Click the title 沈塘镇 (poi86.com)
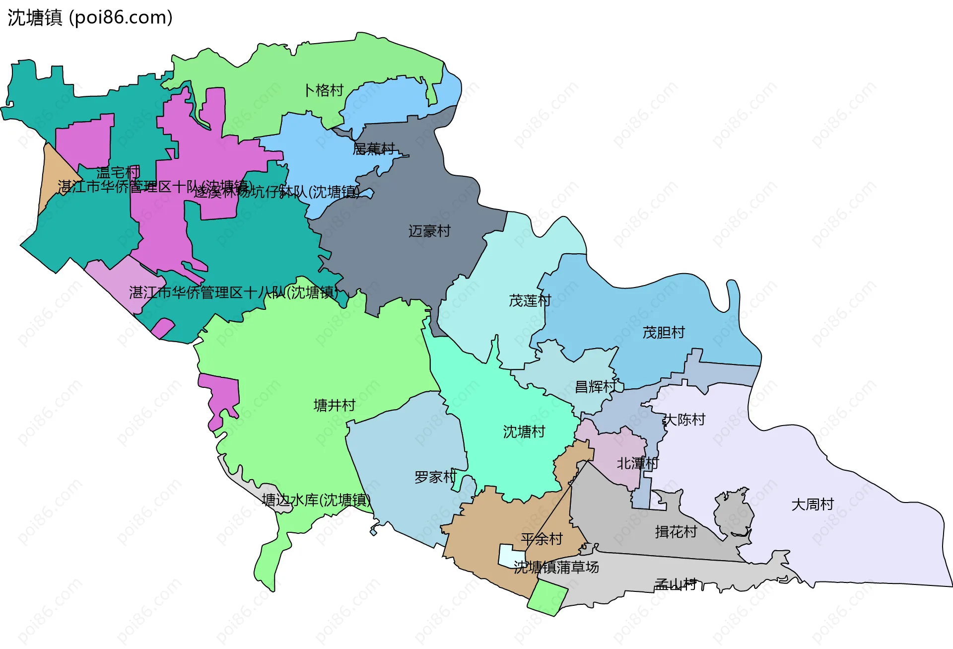[x=90, y=17]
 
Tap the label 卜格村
[x=324, y=90]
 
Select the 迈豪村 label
[x=429, y=231]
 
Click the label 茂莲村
[x=530, y=300]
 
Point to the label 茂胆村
[x=664, y=332]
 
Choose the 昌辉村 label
[x=595, y=386]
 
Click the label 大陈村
[x=684, y=420]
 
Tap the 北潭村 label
[x=637, y=463]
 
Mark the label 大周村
[x=813, y=504]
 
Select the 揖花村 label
[x=676, y=532]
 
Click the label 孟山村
[x=675, y=584]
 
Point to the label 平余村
[x=542, y=539]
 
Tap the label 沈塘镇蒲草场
[x=556, y=567]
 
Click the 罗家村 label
[x=435, y=477]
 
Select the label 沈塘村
[x=524, y=432]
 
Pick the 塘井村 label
[x=335, y=405]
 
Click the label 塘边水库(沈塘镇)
[x=316, y=500]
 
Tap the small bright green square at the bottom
[x=547, y=599]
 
